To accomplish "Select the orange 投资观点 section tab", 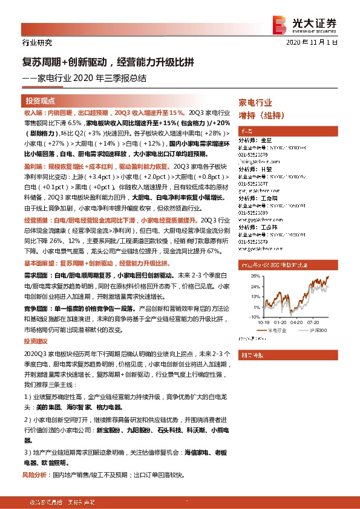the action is [41, 100].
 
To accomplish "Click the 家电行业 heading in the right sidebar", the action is [255, 103].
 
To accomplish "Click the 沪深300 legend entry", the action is [318, 331].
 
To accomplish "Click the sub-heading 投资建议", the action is [35, 342].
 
